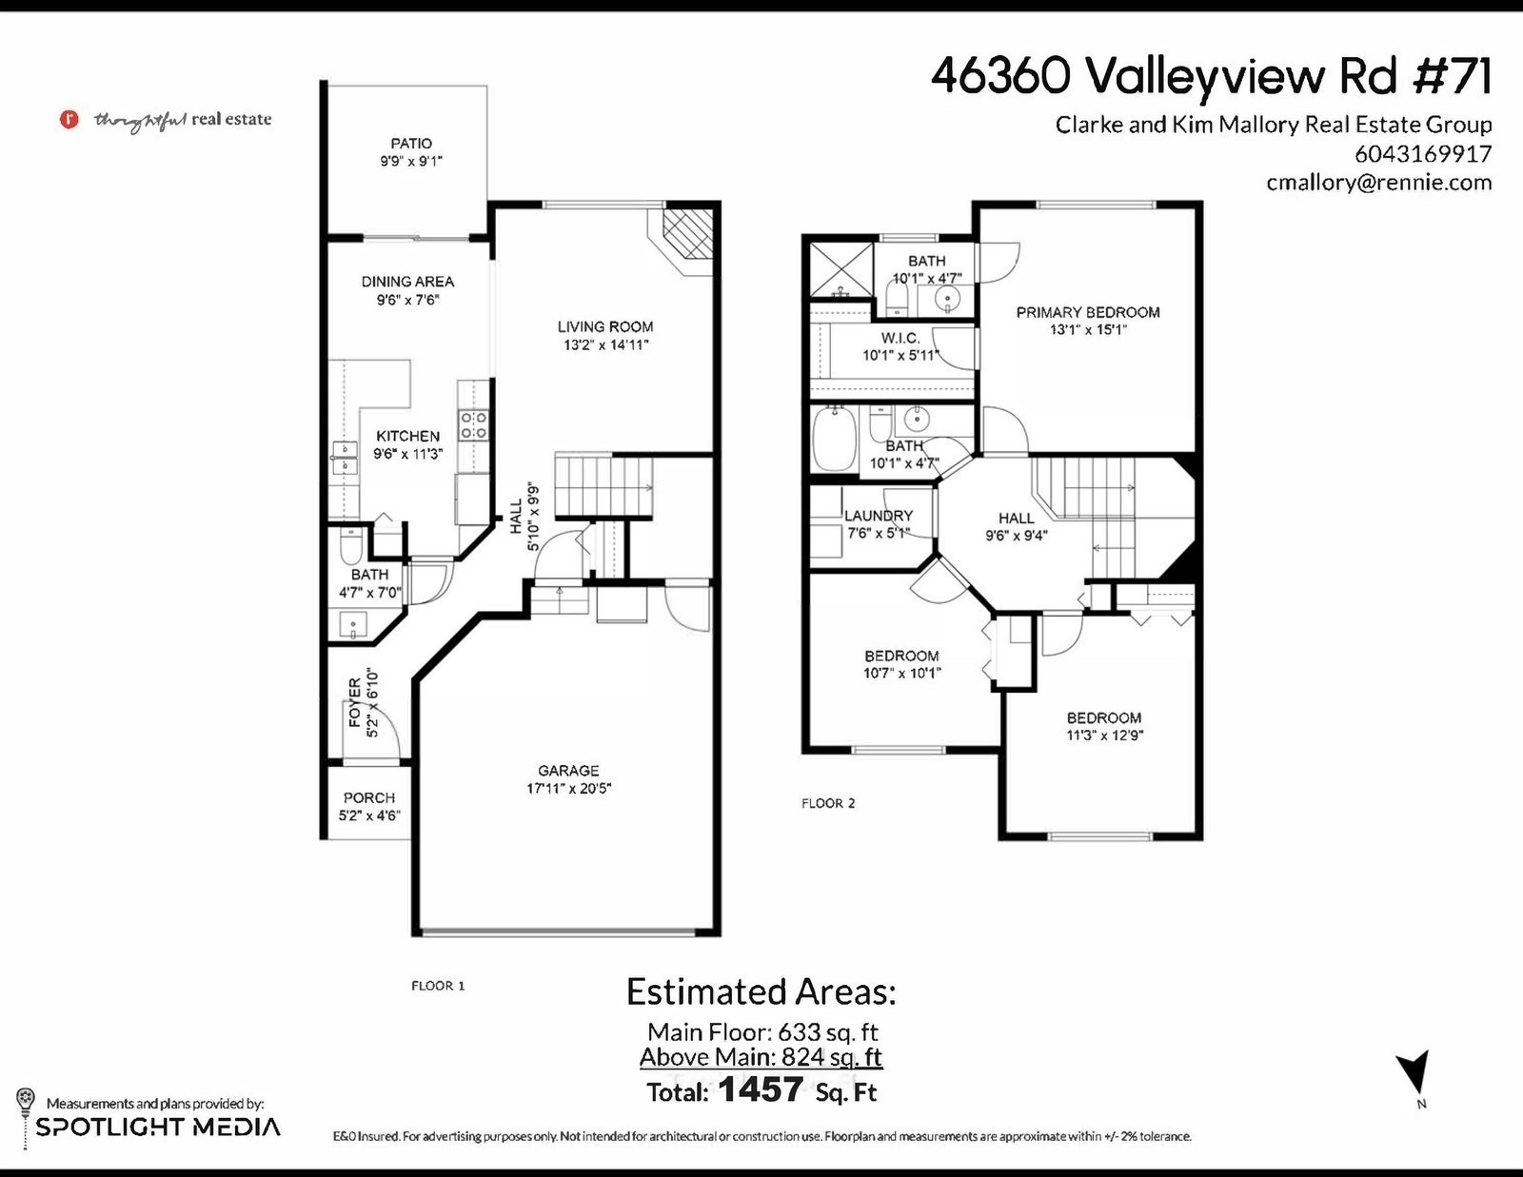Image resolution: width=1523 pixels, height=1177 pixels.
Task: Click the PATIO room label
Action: tap(410, 144)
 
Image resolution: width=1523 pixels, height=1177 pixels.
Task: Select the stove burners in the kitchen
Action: tap(473, 425)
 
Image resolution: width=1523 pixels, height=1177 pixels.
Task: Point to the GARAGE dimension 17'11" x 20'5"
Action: tap(568, 788)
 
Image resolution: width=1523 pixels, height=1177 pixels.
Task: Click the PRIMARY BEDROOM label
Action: tap(1088, 312)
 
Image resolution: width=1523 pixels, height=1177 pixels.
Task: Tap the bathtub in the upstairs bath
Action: tap(834, 438)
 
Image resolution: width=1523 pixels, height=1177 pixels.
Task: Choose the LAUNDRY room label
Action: tap(879, 516)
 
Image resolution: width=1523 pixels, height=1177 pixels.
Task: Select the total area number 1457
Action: tap(761, 1089)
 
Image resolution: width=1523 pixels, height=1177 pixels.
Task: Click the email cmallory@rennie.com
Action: tap(1378, 183)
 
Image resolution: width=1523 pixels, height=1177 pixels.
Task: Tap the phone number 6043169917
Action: tap(1423, 153)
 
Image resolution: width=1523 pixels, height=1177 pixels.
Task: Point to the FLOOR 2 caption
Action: tap(828, 804)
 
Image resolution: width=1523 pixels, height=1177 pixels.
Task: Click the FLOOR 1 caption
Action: tap(438, 986)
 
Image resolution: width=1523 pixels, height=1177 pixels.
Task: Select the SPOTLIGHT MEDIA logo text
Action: tap(158, 1128)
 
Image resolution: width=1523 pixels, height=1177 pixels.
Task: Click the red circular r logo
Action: tap(69, 119)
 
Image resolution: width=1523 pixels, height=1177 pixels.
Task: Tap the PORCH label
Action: tap(369, 798)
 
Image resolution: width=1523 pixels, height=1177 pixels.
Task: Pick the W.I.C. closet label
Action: tap(900, 338)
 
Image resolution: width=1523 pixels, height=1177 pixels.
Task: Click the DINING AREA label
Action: tap(408, 282)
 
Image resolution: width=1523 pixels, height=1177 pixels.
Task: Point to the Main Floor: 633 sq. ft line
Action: tap(761, 1032)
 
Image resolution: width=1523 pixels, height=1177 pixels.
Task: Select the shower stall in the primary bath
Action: tap(841, 269)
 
